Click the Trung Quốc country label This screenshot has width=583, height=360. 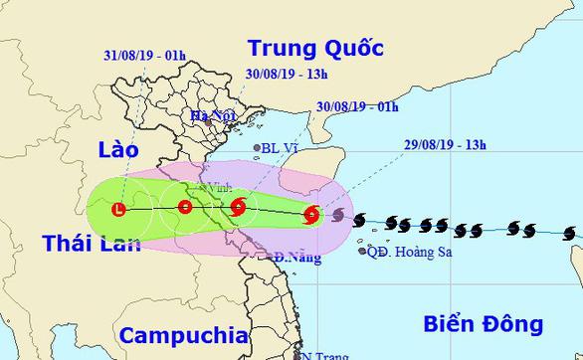pyautogui.click(x=314, y=47)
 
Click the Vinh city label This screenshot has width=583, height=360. pyautogui.click(x=214, y=186)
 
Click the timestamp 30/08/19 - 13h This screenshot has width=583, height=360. pyautogui.click(x=286, y=73)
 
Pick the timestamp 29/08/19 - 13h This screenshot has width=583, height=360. pyautogui.click(x=447, y=145)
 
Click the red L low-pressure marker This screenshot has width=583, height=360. pyautogui.click(x=119, y=210)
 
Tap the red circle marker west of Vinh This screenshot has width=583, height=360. pyautogui.click(x=184, y=208)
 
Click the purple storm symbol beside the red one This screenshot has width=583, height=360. pyautogui.click(x=338, y=216)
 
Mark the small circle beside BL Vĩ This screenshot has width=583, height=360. pyautogui.click(x=258, y=149)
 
